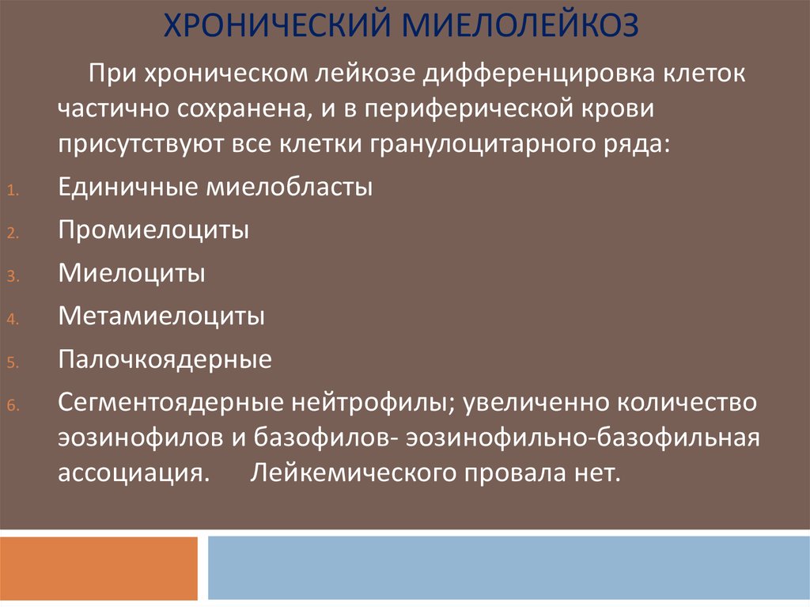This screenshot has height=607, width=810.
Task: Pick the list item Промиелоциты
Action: [153, 230]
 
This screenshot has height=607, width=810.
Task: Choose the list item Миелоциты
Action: [132, 273]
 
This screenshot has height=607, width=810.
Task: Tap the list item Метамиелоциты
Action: [161, 316]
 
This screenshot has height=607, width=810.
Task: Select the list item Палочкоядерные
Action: [165, 359]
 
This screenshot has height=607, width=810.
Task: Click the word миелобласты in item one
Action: [290, 187]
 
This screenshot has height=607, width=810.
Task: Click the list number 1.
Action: [13, 190]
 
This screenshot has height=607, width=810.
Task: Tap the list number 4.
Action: [13, 319]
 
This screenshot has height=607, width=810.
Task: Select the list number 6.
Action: [13, 405]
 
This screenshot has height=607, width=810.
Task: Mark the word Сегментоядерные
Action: [171, 402]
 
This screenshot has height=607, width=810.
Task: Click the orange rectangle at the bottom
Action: [99, 568]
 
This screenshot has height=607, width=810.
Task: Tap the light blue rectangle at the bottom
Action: [509, 567]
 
